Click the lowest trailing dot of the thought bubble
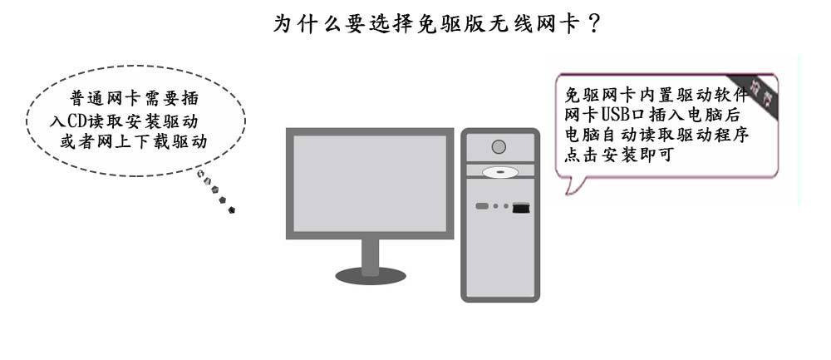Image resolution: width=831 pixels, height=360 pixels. (x=231, y=210)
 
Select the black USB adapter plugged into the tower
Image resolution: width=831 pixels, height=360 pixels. (x=522, y=207)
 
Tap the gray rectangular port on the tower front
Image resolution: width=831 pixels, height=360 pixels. (x=482, y=205)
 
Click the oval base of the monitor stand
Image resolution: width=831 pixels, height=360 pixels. (x=371, y=274)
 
